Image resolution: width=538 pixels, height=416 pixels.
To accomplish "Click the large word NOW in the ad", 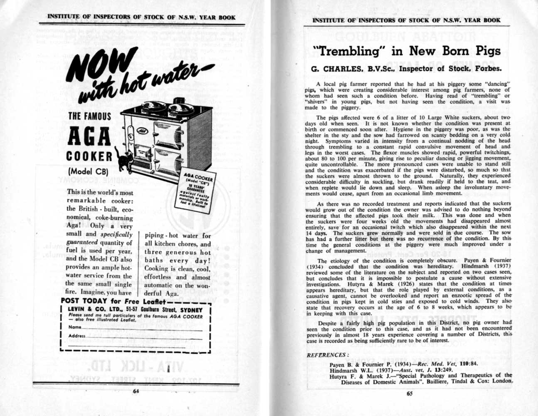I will tap(100, 67).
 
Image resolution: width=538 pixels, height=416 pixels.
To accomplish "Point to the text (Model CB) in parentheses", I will tap(88, 171).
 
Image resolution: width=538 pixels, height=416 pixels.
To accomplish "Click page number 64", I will tap(135, 391).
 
